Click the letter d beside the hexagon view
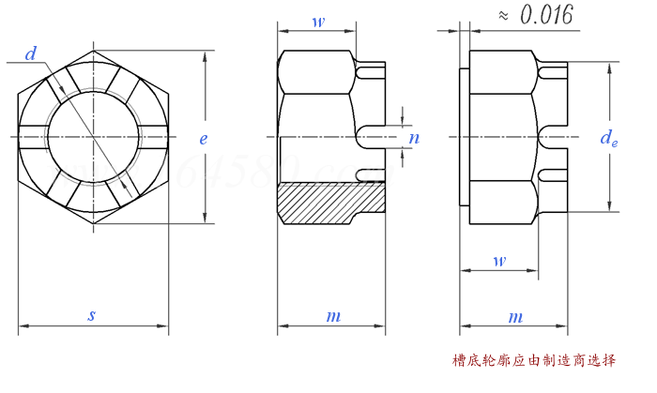[x=31, y=55]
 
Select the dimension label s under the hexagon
[x=91, y=316]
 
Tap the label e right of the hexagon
[x=203, y=138]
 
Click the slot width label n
[x=413, y=138]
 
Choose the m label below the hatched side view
[x=332, y=317]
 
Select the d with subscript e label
[x=609, y=139]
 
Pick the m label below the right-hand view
[x=514, y=317]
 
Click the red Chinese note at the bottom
[x=534, y=360]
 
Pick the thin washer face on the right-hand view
[x=464, y=138]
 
